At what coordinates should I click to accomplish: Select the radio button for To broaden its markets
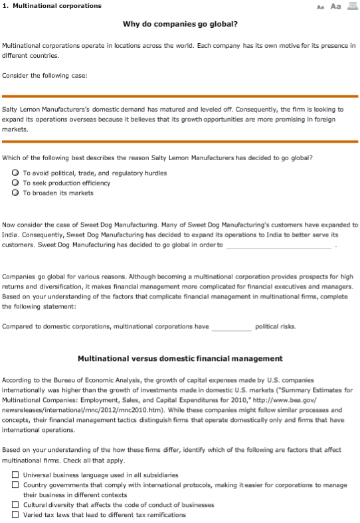(x=15, y=193)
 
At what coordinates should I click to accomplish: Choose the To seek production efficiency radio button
(x=15, y=183)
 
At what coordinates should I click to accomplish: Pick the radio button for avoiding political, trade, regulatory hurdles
(x=15, y=173)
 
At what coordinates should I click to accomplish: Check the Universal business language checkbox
(x=15, y=475)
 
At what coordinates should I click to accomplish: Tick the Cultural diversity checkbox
(x=15, y=505)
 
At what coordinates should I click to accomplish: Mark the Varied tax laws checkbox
(x=15, y=515)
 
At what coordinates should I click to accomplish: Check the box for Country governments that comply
(x=15, y=485)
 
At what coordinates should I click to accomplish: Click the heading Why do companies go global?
(x=180, y=24)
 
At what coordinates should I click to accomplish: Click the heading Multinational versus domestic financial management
(x=180, y=358)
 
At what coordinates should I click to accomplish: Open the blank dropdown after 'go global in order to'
(x=279, y=245)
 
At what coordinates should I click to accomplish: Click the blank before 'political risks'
(x=232, y=326)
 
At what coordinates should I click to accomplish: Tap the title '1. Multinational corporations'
(x=52, y=6)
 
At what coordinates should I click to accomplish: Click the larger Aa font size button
(x=335, y=6)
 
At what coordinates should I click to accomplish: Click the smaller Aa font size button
(x=320, y=6)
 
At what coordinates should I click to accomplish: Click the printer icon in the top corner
(x=352, y=6)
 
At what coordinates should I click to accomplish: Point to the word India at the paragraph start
(x=11, y=235)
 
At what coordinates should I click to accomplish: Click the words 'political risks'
(x=276, y=326)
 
